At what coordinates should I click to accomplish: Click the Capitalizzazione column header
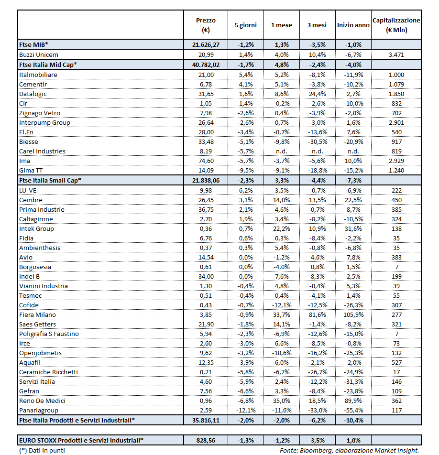[396, 25]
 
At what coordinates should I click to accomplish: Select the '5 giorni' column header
[246, 25]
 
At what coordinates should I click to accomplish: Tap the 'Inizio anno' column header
[353, 25]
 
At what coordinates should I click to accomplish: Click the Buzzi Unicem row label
[39, 54]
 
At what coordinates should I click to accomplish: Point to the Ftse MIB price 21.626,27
[206, 44]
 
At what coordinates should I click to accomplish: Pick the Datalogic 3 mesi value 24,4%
[317, 94]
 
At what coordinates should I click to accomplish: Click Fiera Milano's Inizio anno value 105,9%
[353, 314]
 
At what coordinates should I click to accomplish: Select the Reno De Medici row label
[42, 401]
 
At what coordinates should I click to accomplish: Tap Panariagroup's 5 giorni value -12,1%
[246, 410]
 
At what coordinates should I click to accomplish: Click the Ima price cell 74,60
[206, 161]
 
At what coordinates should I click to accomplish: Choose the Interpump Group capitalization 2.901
[396, 122]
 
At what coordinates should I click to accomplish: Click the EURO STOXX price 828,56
[206, 440]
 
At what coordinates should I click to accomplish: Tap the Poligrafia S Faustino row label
[49, 334]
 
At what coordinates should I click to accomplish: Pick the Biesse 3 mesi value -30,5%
[317, 141]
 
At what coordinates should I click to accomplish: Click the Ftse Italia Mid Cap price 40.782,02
[206, 64]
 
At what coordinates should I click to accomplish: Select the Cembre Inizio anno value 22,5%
[353, 200]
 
